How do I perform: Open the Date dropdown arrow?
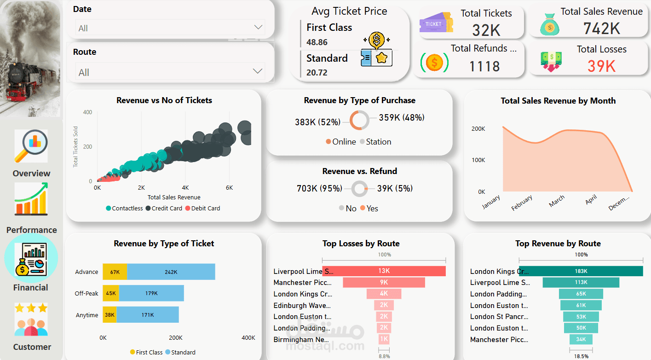pos(258,28)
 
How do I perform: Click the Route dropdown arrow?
pos(258,71)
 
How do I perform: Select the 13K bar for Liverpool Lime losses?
pos(384,271)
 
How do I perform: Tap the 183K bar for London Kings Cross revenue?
pos(581,271)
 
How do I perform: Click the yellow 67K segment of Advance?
pos(115,272)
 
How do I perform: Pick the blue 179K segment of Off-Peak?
pos(151,293)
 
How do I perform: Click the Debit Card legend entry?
pos(202,208)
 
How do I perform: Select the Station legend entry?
pos(375,142)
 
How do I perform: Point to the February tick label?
pos(522,203)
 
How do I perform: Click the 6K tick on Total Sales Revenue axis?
pos(229,188)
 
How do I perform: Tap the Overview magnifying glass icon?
pos(31,146)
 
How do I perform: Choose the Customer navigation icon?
pos(31,319)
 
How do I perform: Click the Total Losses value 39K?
pos(601,66)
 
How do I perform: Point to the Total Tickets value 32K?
pos(486,30)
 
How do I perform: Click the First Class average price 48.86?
pos(317,42)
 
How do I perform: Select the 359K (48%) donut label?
pos(401,117)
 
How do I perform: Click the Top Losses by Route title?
pos(361,244)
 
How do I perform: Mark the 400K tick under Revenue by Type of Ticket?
pos(248,337)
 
